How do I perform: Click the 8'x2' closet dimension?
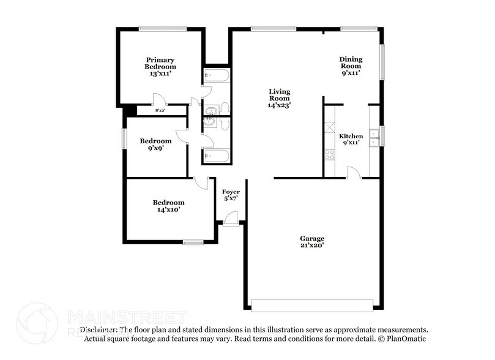[161, 110]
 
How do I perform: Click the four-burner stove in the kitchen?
[330, 154]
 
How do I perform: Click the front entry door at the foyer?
[230, 219]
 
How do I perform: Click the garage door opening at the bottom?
[312, 304]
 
